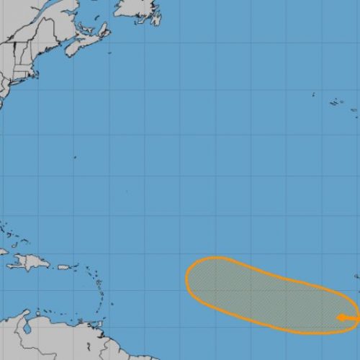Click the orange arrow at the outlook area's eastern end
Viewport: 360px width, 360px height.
click(x=346, y=318)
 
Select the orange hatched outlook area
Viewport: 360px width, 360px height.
click(x=266, y=295)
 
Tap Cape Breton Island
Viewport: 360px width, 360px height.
click(x=102, y=31)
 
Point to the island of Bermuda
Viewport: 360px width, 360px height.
click(x=74, y=157)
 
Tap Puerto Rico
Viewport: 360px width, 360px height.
click(x=66, y=267)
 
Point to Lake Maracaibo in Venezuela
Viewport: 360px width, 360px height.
click(x=27, y=328)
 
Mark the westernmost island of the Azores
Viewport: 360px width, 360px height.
click(x=314, y=94)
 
